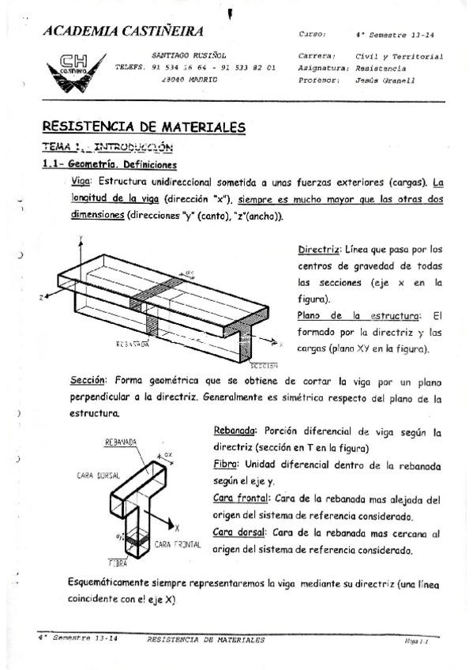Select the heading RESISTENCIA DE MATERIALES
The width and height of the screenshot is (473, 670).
click(x=143, y=126)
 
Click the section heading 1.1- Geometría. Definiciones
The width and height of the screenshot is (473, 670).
click(x=109, y=164)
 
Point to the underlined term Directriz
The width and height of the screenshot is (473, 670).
click(x=318, y=250)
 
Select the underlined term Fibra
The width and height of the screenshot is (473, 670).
click(x=227, y=464)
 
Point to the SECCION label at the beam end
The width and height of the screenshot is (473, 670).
click(x=265, y=366)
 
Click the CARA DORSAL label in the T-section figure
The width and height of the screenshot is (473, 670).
click(x=98, y=476)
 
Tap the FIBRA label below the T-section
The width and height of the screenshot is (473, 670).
click(x=118, y=563)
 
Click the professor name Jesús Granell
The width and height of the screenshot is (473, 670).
click(x=386, y=81)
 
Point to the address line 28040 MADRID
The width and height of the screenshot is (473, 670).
click(x=189, y=81)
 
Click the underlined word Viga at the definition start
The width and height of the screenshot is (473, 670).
click(x=81, y=181)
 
